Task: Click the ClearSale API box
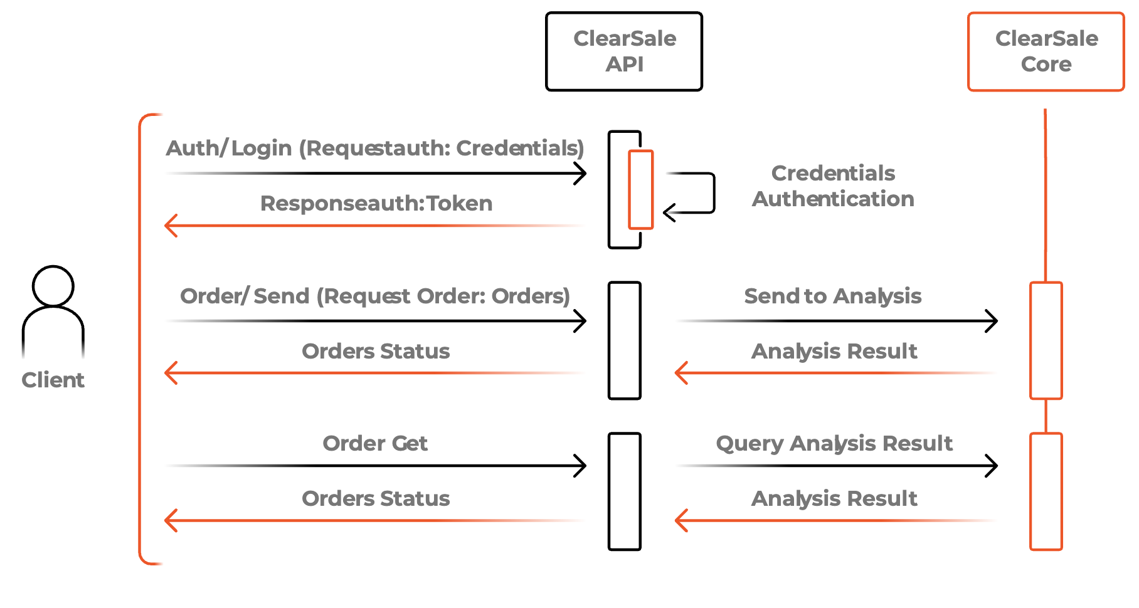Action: [x=624, y=51]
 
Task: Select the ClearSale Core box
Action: [x=1046, y=51]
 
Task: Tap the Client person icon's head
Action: [x=53, y=286]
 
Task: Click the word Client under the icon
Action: [x=53, y=380]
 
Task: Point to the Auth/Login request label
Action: [x=375, y=148]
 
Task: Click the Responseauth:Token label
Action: [x=376, y=203]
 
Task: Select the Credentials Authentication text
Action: [x=833, y=186]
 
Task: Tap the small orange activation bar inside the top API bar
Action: [x=641, y=189]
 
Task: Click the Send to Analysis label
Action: [x=833, y=296]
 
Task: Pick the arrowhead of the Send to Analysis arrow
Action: [x=993, y=321]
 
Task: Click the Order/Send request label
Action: [x=375, y=296]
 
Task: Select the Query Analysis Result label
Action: [x=834, y=443]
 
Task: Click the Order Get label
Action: [x=375, y=443]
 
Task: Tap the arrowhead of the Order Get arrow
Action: [x=581, y=466]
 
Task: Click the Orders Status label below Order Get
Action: [x=376, y=498]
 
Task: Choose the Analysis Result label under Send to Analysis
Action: [x=834, y=351]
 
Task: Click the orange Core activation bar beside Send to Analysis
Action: [x=1046, y=340]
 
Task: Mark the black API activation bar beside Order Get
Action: [x=624, y=491]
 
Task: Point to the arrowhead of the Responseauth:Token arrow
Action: [x=170, y=225]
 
